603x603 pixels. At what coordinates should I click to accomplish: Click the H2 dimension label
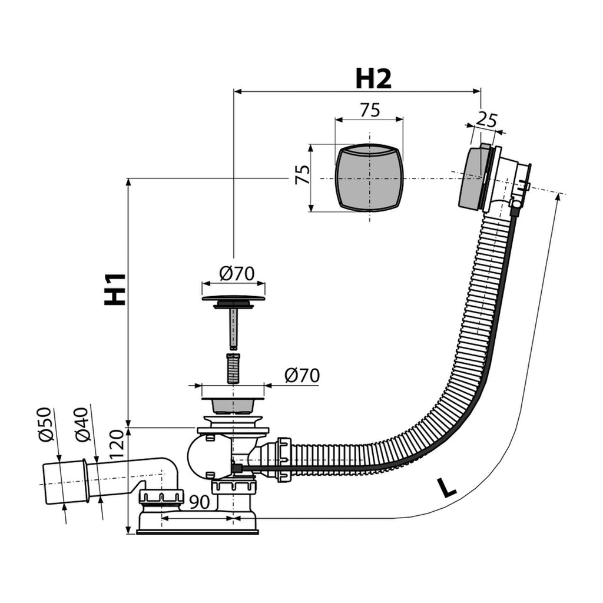point(373,78)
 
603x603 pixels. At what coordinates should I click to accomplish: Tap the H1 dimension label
point(115,289)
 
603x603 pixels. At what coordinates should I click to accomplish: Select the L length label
point(448,488)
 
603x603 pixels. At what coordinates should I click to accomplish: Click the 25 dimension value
point(486,120)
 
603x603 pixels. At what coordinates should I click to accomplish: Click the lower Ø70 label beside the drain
point(301,375)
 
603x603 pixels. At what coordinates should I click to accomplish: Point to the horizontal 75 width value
point(369,110)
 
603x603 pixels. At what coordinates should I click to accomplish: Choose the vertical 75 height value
point(301,175)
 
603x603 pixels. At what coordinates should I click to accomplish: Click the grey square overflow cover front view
point(369,177)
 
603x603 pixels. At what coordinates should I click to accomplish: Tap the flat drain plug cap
point(233,299)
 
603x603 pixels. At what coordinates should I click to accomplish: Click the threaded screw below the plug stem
point(233,367)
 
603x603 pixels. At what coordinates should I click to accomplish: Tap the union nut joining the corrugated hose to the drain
point(281,459)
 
